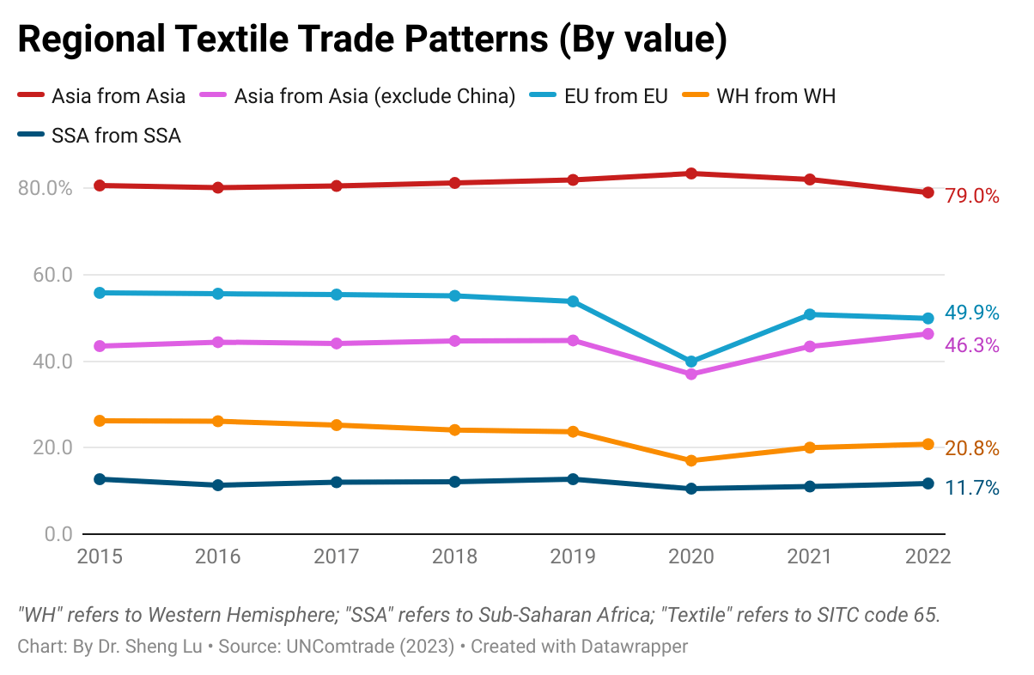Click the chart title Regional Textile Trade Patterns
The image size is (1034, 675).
click(x=372, y=40)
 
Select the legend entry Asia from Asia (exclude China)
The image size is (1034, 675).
click(x=374, y=96)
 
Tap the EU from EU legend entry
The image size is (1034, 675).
click(x=615, y=96)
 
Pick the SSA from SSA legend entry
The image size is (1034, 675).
click(x=116, y=135)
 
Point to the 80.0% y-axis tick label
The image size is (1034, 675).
click(x=44, y=188)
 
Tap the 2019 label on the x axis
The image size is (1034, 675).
click(x=573, y=556)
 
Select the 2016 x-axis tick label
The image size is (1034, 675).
click(x=218, y=556)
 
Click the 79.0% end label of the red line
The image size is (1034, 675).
click(x=972, y=197)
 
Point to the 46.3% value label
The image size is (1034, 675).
click(x=972, y=345)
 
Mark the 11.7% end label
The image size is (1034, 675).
click(x=972, y=489)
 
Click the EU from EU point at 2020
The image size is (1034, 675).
click(x=691, y=362)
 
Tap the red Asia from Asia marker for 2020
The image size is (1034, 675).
click(x=691, y=173)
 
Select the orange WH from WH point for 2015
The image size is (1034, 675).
click(x=100, y=421)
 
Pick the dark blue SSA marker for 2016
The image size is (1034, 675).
click(x=218, y=485)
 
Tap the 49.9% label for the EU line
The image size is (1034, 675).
click(x=972, y=313)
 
